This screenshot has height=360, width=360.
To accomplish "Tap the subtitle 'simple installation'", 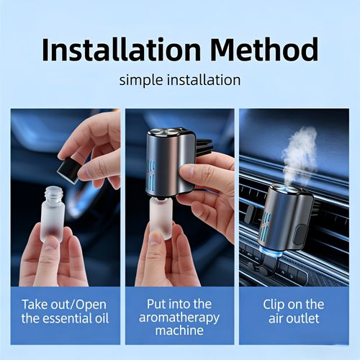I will tap(180, 78).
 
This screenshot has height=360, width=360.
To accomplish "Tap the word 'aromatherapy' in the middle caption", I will tap(179, 318).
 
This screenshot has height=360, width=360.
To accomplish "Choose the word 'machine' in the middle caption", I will tap(179, 331).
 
